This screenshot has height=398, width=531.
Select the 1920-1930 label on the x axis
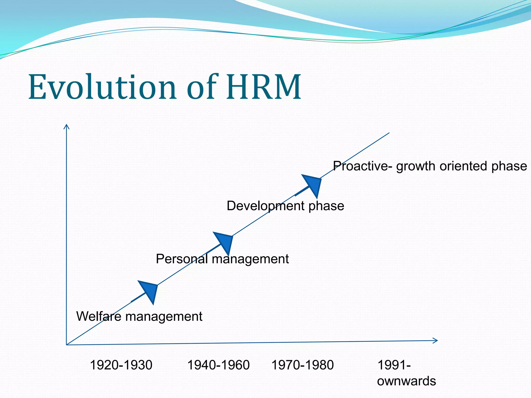click(121, 365)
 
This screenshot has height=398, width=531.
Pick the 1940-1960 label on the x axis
click(218, 365)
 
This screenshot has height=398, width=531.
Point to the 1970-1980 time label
click(302, 365)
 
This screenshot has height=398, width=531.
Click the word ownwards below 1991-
click(406, 381)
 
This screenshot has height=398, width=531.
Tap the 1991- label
click(394, 365)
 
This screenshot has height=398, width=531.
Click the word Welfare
click(99, 316)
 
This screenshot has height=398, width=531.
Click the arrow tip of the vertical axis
click(67, 125)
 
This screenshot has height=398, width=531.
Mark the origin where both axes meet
click(67, 345)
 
